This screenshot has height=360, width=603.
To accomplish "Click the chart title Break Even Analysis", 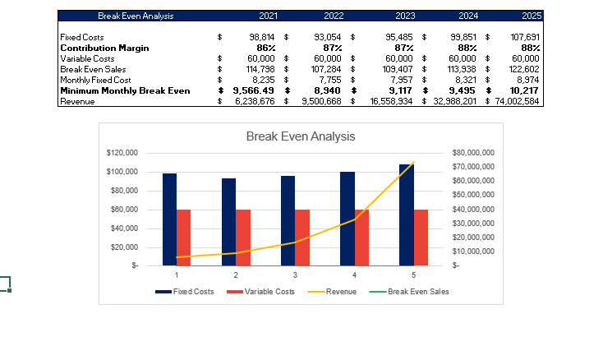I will pyautogui.click(x=301, y=136).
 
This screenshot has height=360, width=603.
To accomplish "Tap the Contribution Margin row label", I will pyautogui.click(x=104, y=48).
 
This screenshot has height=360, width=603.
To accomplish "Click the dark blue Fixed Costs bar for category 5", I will pyautogui.click(x=407, y=215).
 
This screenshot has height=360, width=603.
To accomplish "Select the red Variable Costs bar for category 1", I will pyautogui.click(x=184, y=238).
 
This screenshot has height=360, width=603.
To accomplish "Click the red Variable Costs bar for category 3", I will pyautogui.click(x=302, y=238).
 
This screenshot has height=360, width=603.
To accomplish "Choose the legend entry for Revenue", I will pyautogui.click(x=333, y=292).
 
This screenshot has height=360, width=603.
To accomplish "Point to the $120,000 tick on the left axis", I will pyautogui.click(x=122, y=153).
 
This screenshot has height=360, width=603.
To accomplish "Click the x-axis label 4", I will pyautogui.click(x=354, y=275).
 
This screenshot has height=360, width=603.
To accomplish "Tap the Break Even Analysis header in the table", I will pyautogui.click(x=136, y=16).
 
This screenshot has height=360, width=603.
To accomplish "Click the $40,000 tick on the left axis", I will pyautogui.click(x=123, y=228).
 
